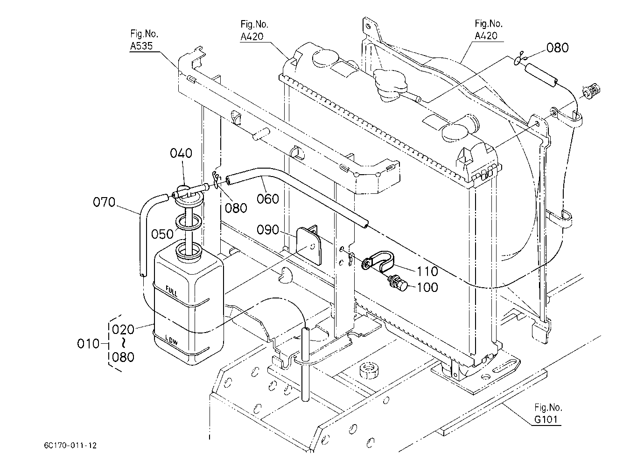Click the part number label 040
pyautogui.click(x=181, y=153)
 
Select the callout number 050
pyautogui.click(x=162, y=234)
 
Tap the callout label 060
pyautogui.click(x=268, y=199)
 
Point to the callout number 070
pyautogui.click(x=104, y=202)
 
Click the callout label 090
pyautogui.click(x=268, y=230)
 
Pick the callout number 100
pyautogui.click(x=427, y=287)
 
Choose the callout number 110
pyautogui.click(x=427, y=271)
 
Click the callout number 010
pyautogui.click(x=88, y=344)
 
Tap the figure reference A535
pyautogui.click(x=141, y=46)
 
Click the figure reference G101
pyautogui.click(x=546, y=419)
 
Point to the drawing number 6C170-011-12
pyautogui.click(x=70, y=446)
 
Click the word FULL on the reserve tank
pyautogui.click(x=172, y=291)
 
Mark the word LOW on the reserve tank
pyautogui.click(x=172, y=340)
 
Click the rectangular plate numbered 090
pyautogui.click(x=309, y=246)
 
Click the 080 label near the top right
pyautogui.click(x=558, y=48)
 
